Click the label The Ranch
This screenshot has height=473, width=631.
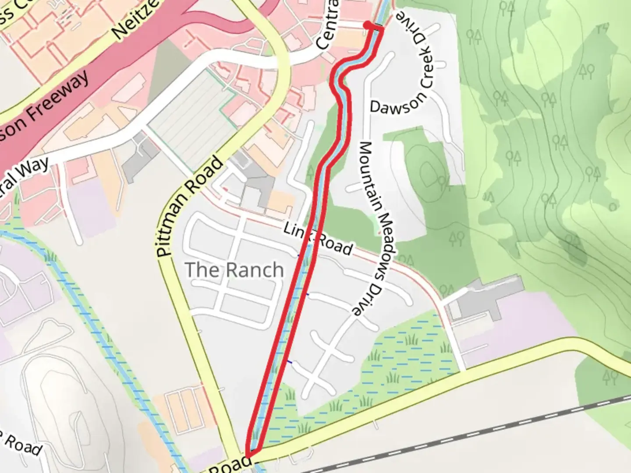pos(234,270)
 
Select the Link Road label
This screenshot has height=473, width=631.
pos(318,239)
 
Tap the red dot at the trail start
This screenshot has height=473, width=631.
pos(367,25)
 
